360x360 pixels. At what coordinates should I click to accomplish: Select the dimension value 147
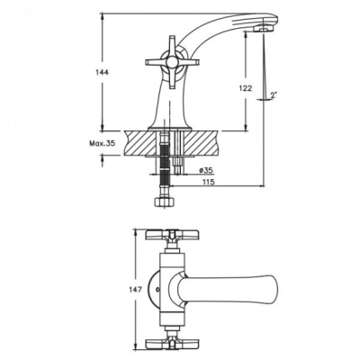[x=134, y=290]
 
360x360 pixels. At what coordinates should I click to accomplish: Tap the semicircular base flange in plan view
[x=158, y=290]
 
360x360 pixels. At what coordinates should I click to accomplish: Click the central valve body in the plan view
[x=170, y=289]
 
